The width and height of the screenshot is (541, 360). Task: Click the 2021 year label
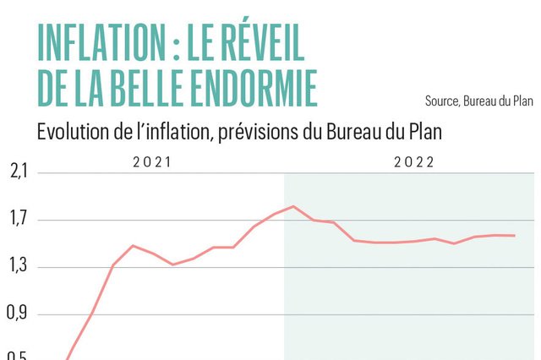[x=152, y=161]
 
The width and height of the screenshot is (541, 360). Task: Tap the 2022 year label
[x=413, y=161]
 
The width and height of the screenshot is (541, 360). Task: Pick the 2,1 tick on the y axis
[x=19, y=173]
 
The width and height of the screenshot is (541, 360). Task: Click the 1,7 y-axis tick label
[x=19, y=221]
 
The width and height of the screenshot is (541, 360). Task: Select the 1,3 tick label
[x=19, y=267]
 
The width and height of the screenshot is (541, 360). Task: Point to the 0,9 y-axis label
[x=19, y=314]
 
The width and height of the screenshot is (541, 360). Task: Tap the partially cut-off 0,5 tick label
[x=19, y=356]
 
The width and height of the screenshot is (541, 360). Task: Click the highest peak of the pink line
[x=293, y=206]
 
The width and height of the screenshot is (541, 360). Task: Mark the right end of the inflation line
[x=515, y=236]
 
